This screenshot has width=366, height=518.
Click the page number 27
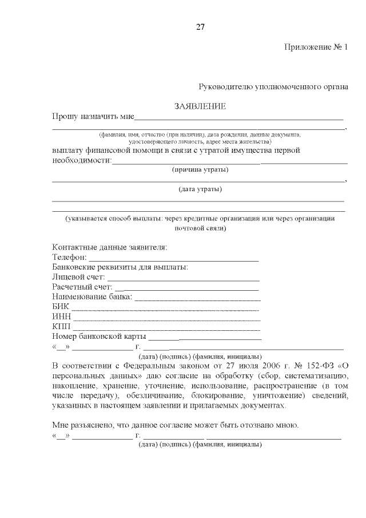[x=200, y=26]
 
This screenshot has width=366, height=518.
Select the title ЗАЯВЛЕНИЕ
[x=200, y=106]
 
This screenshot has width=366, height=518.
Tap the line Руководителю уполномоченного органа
[x=273, y=86]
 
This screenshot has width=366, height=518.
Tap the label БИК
[x=60, y=307]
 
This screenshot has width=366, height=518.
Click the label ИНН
[x=61, y=317]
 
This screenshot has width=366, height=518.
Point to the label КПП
[x=61, y=327]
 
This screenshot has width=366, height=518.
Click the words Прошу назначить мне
[x=93, y=116]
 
